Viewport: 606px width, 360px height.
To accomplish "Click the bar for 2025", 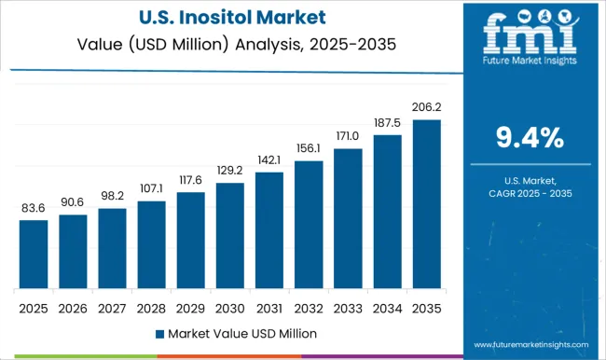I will pyautogui.click(x=34, y=254).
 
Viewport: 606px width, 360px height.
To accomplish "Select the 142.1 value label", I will pyautogui.click(x=269, y=160).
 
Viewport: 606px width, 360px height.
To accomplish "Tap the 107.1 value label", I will pyautogui.click(x=151, y=189).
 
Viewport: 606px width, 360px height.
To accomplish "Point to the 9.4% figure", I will pyautogui.click(x=530, y=138).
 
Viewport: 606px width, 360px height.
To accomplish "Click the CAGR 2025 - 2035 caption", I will pyautogui.click(x=530, y=192).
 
